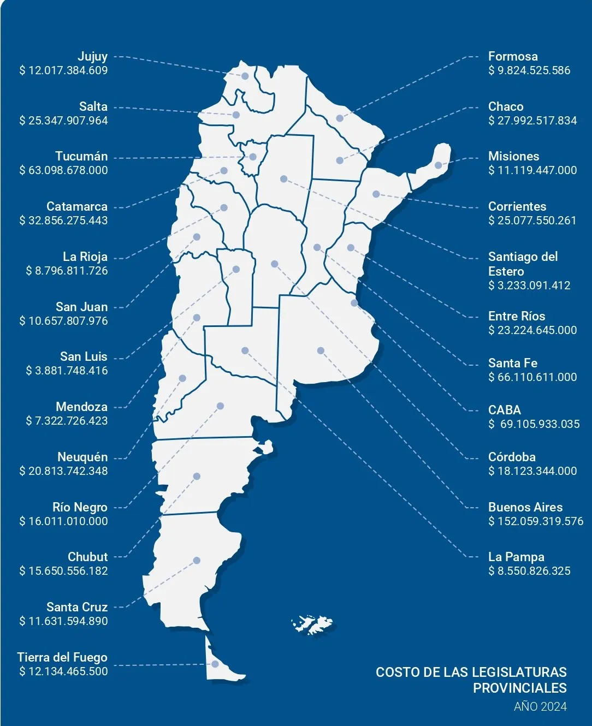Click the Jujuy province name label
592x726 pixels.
click(92, 56)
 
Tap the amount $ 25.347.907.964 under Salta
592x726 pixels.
click(63, 121)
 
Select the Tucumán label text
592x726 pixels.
click(81, 157)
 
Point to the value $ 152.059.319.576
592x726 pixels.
click(536, 521)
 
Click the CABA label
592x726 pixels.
click(505, 410)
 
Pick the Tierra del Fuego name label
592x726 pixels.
click(62, 657)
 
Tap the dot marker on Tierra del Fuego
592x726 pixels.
click(215, 664)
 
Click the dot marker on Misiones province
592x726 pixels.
click(438, 165)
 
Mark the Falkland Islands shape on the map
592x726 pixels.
click(313, 623)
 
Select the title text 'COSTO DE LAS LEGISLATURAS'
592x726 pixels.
click(471, 673)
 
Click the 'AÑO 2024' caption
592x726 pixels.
click(540, 707)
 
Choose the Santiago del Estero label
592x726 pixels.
click(523, 264)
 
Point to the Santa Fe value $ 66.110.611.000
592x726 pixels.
click(532, 377)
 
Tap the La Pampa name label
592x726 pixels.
click(516, 557)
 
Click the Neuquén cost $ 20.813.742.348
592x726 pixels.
click(63, 471)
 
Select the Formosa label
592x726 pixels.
click(513, 56)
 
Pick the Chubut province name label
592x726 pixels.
click(87, 557)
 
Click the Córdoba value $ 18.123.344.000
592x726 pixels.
click(532, 471)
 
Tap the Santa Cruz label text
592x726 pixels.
click(77, 607)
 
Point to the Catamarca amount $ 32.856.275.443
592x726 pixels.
click(63, 221)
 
